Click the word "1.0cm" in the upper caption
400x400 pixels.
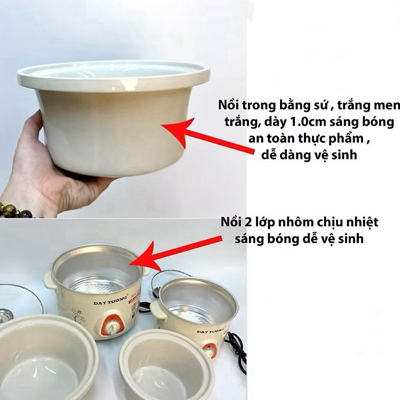click(x=308, y=122)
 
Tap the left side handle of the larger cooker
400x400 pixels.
click(x=50, y=281)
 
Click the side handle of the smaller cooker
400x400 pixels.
click(x=159, y=310)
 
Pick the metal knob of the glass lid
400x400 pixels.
click(x=5, y=316)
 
